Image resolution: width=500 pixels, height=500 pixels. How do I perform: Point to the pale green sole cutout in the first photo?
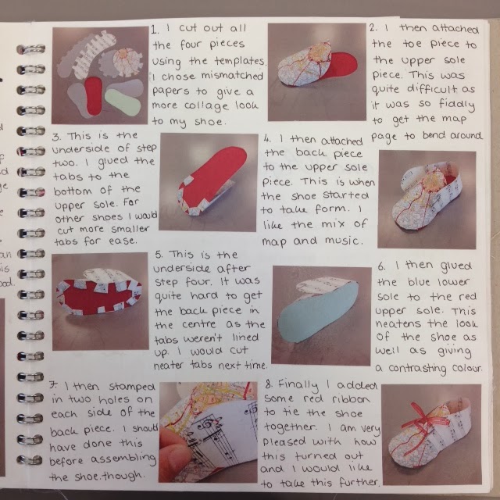(x=125, y=102)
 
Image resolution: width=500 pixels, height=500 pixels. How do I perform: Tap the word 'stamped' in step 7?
(x=118, y=385)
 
